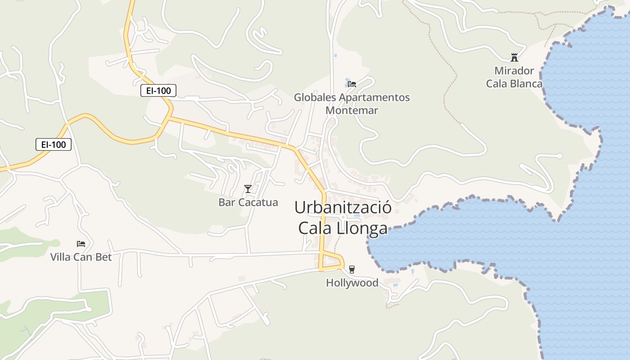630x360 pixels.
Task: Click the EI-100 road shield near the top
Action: click(x=158, y=90)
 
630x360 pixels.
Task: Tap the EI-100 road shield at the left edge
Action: click(x=54, y=144)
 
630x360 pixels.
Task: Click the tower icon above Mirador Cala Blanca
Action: click(x=514, y=58)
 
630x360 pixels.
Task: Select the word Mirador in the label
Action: click(x=514, y=71)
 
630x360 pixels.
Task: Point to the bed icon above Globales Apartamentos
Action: click(x=352, y=84)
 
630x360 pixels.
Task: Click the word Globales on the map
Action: click(x=315, y=97)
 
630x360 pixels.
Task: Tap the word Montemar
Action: click(x=351, y=110)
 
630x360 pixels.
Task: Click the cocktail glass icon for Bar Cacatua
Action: click(x=247, y=189)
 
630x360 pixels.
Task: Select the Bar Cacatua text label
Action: click(x=248, y=202)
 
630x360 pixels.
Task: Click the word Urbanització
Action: click(x=342, y=207)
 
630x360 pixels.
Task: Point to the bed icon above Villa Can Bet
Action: click(x=81, y=244)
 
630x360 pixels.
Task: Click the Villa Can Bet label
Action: click(x=81, y=257)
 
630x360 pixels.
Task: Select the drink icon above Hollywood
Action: click(x=352, y=269)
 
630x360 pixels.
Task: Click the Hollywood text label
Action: click(x=352, y=283)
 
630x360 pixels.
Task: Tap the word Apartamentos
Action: click(x=374, y=97)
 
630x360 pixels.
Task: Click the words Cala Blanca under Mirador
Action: click(x=514, y=84)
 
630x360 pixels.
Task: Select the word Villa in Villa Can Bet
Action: click(x=60, y=257)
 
